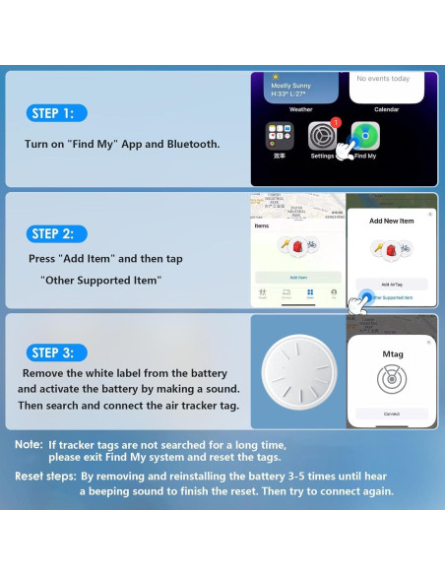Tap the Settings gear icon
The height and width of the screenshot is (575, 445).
324,136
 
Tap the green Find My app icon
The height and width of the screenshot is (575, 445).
365,136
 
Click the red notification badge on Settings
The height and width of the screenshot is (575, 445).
336,123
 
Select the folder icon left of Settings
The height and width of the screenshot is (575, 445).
280,136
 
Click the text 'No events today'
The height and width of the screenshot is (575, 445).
383,79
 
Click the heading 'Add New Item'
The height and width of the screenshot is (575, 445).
391,222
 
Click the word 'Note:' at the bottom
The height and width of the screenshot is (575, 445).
29,445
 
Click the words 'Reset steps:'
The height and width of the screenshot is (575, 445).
44,476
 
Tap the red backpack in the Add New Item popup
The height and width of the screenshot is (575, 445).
391,251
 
